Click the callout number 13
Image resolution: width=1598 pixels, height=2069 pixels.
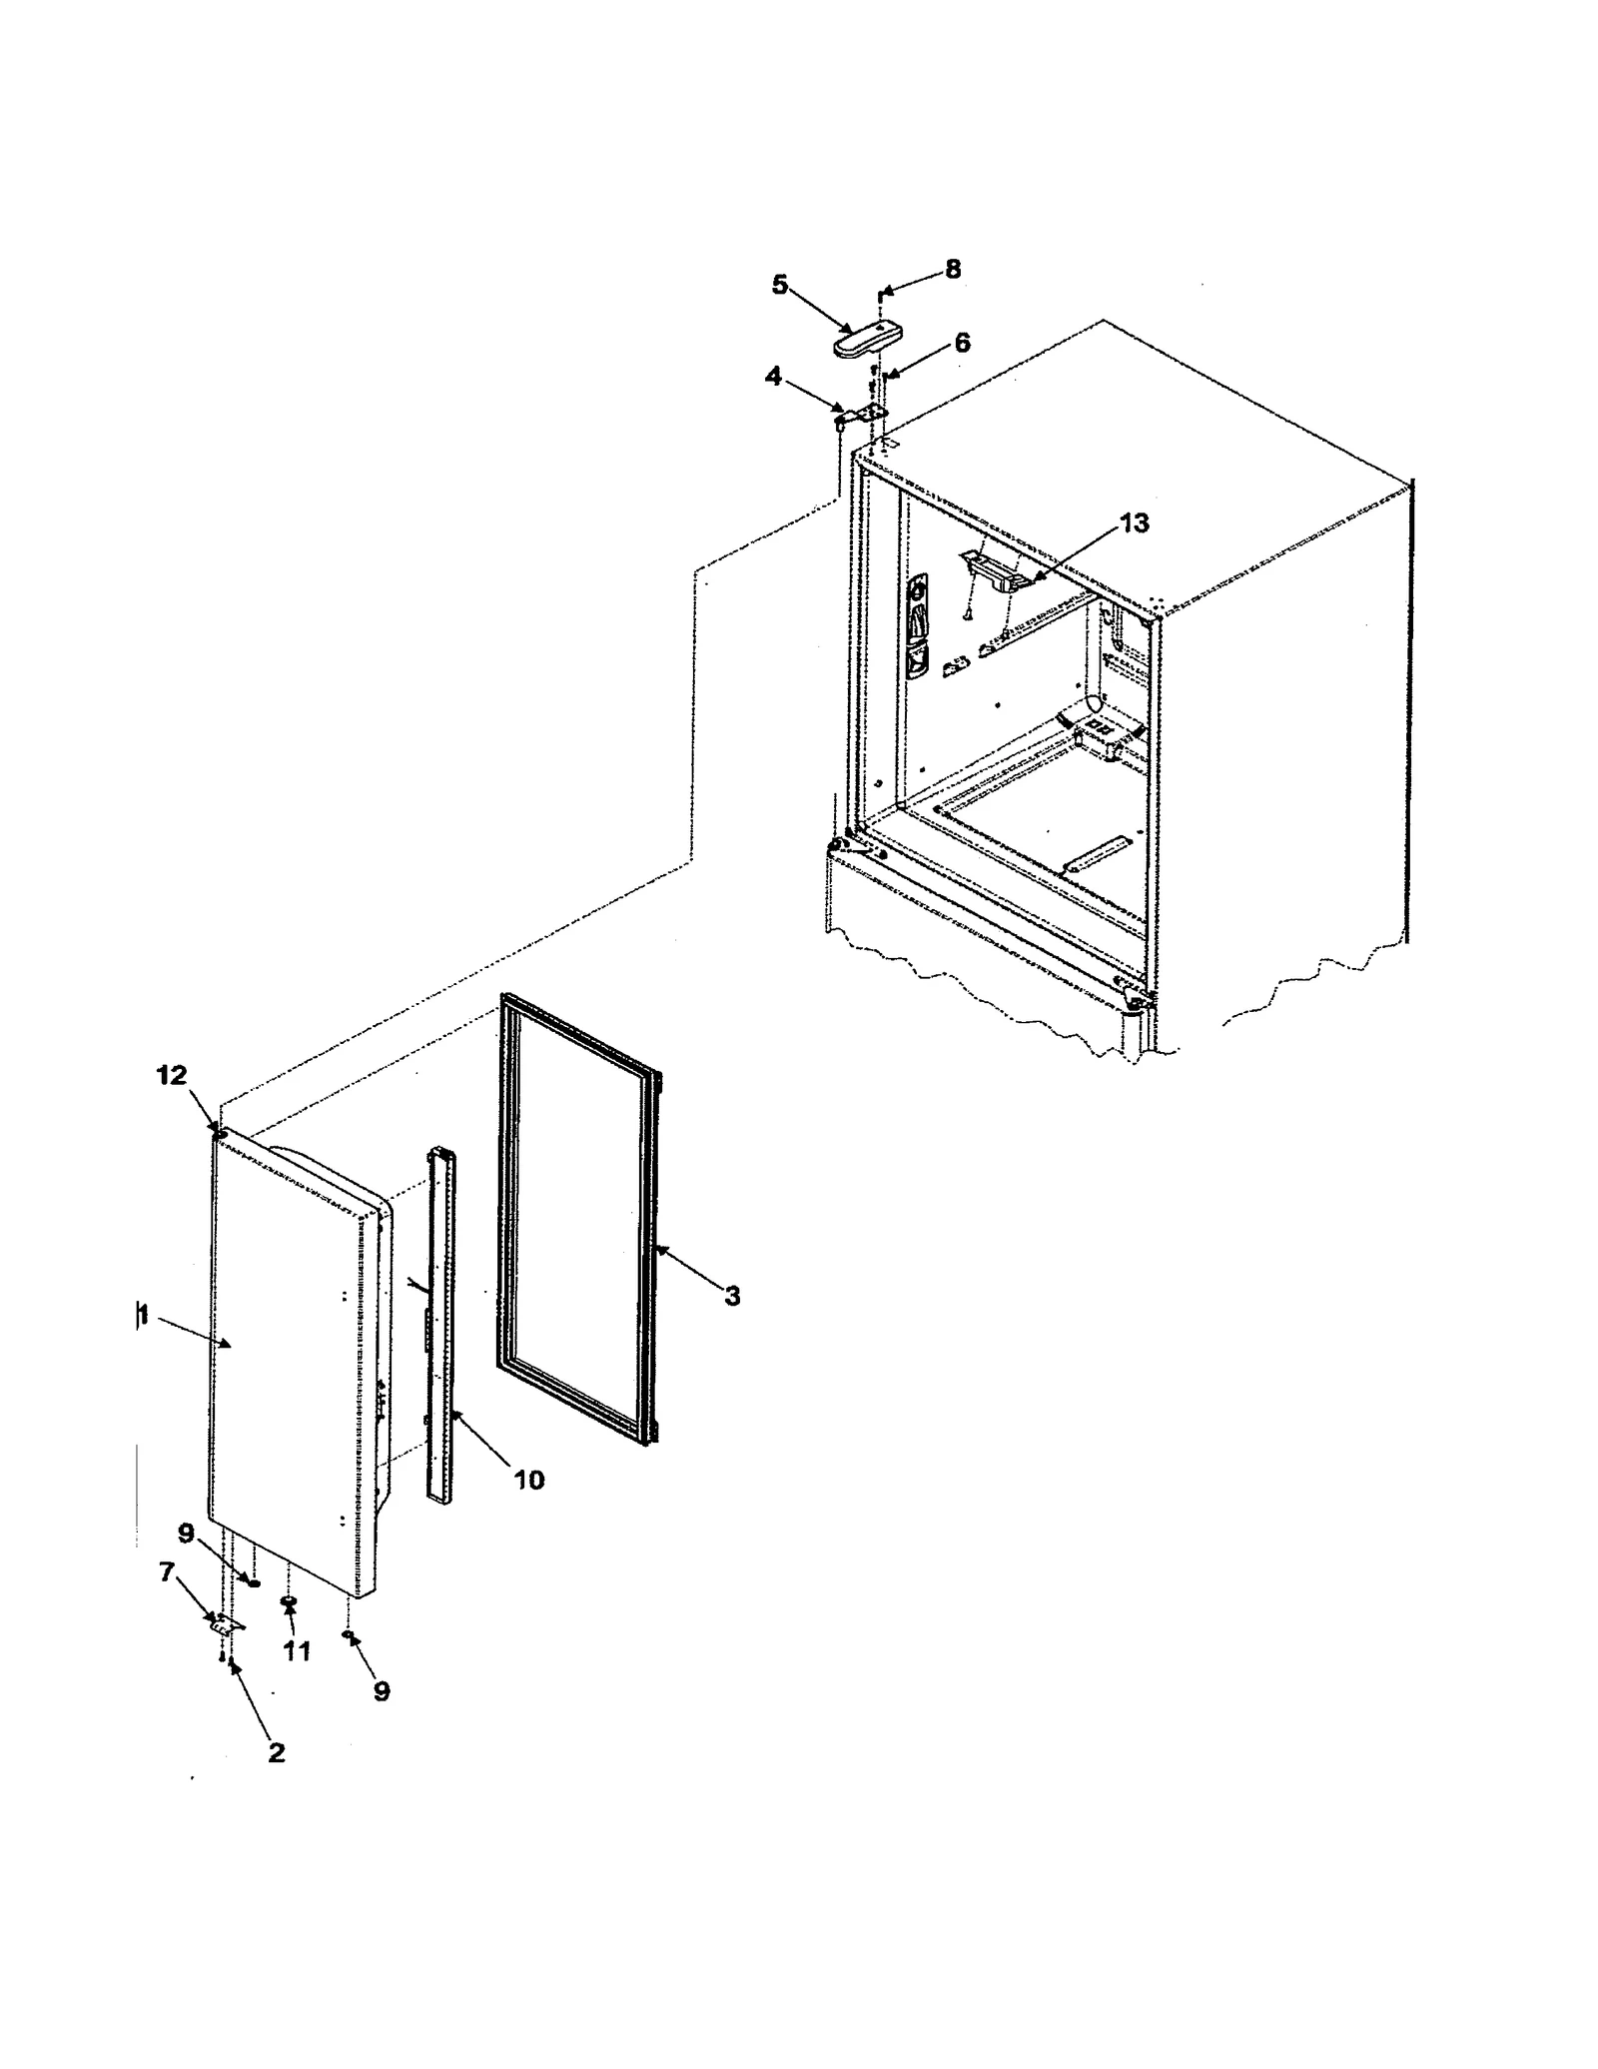(1134, 522)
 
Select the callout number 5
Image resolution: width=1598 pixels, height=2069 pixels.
(780, 285)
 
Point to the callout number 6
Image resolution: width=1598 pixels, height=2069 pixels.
(962, 343)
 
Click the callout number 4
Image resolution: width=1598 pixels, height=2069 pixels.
(774, 377)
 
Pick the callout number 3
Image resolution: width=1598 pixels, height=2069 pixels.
(732, 1297)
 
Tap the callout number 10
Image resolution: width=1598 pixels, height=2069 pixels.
(529, 1479)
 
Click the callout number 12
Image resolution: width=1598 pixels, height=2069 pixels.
(171, 1075)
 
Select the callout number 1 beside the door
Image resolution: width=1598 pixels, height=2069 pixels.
(143, 1316)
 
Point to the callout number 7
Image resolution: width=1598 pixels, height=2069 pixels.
(167, 1573)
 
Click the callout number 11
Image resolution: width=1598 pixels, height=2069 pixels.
(297, 1651)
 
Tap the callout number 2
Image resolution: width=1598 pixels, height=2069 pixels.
(277, 1751)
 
